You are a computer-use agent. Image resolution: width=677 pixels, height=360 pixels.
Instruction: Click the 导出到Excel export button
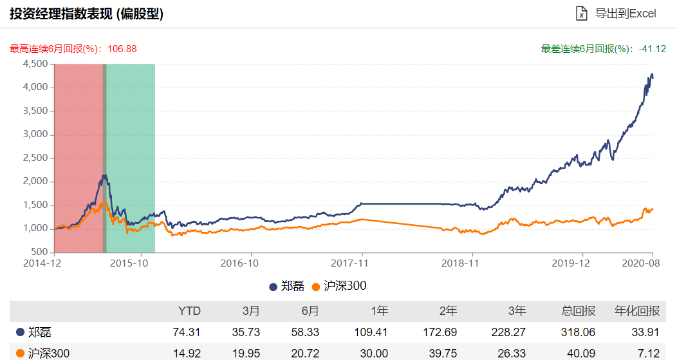[616, 14]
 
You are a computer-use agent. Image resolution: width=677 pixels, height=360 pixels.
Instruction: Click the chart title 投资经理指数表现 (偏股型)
[86, 14]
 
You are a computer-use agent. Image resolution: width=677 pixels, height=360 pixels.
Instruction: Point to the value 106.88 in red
[121, 49]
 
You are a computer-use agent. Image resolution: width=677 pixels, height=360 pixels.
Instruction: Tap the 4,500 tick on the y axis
[35, 64]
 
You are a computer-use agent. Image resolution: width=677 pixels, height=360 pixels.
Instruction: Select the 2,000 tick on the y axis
[35, 182]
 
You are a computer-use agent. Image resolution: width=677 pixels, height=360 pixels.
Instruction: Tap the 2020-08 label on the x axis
[641, 263]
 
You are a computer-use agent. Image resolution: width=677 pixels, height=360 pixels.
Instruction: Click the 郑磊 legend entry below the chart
[287, 286]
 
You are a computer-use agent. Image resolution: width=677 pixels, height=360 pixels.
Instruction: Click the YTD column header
[189, 311]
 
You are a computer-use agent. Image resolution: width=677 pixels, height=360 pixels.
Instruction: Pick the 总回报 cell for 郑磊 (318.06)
[579, 332]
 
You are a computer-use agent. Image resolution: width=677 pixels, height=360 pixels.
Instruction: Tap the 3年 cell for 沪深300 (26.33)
[512, 353]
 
